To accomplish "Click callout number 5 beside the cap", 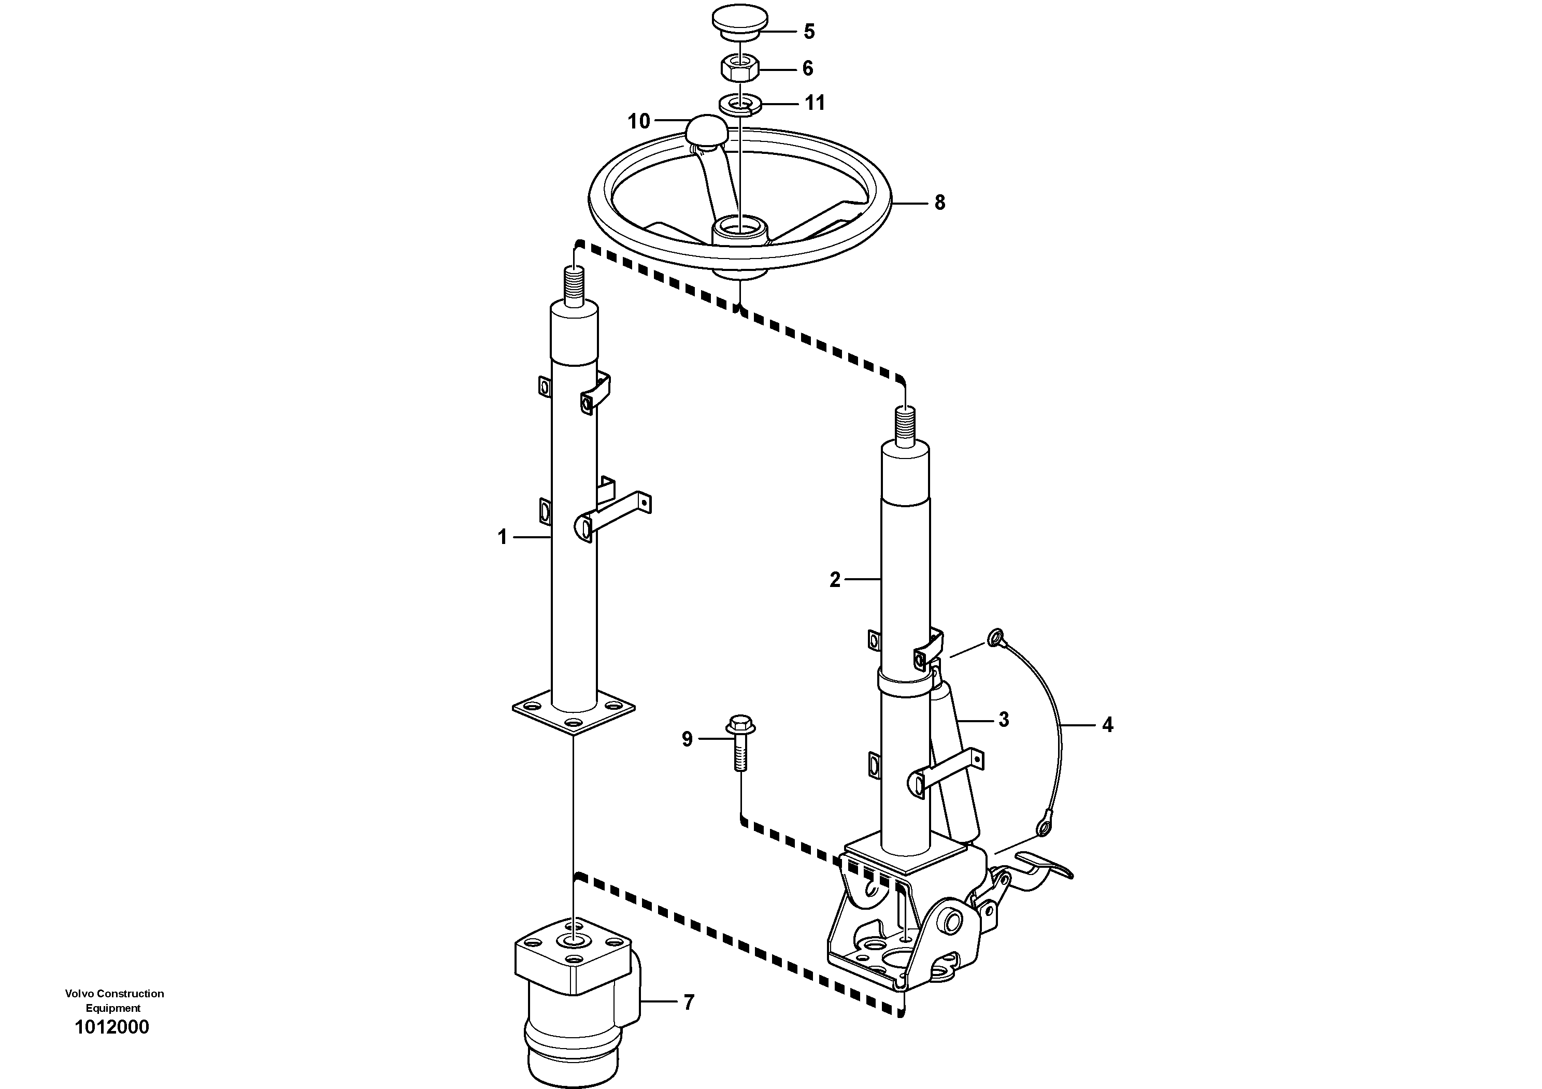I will pyautogui.click(x=809, y=32).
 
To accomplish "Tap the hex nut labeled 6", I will pyautogui.click(x=739, y=68).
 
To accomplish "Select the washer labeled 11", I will pyautogui.click(x=739, y=105).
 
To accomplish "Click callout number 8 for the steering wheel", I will pyautogui.click(x=939, y=202).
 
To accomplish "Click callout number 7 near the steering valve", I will pyautogui.click(x=689, y=1003).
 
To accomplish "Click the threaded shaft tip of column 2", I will pyautogui.click(x=905, y=426).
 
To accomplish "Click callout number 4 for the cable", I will pyautogui.click(x=1107, y=725).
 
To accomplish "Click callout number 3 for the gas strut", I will pyautogui.click(x=1003, y=720).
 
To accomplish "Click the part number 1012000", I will pyautogui.click(x=112, y=1028).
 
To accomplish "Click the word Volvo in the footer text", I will pyautogui.click(x=79, y=994).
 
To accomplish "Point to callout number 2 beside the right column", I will pyautogui.click(x=835, y=580).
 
